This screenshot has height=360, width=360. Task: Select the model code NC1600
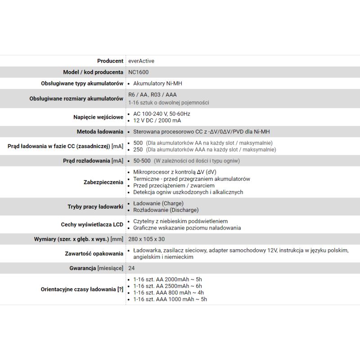[x=138, y=72]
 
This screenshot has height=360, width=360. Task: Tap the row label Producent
[x=110, y=61]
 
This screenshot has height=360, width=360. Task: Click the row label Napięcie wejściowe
[x=98, y=117]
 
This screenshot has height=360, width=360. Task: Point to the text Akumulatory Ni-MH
[x=157, y=84]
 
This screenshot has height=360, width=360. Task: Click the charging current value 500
[x=138, y=143]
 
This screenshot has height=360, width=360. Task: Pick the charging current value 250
[x=138, y=149]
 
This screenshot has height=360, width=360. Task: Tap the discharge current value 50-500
[x=142, y=161]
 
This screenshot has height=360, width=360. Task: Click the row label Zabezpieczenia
[x=103, y=182]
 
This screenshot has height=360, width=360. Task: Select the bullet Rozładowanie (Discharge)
[x=166, y=210]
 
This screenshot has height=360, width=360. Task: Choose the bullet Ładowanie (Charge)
[x=158, y=203]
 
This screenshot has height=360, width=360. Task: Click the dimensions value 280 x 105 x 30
[x=146, y=239]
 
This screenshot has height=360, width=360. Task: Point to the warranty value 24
[x=131, y=268]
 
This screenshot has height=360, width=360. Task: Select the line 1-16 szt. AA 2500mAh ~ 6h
[x=167, y=286]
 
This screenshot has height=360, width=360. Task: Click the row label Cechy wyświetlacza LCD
[x=92, y=225]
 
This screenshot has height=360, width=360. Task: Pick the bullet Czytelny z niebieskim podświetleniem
[x=180, y=221]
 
